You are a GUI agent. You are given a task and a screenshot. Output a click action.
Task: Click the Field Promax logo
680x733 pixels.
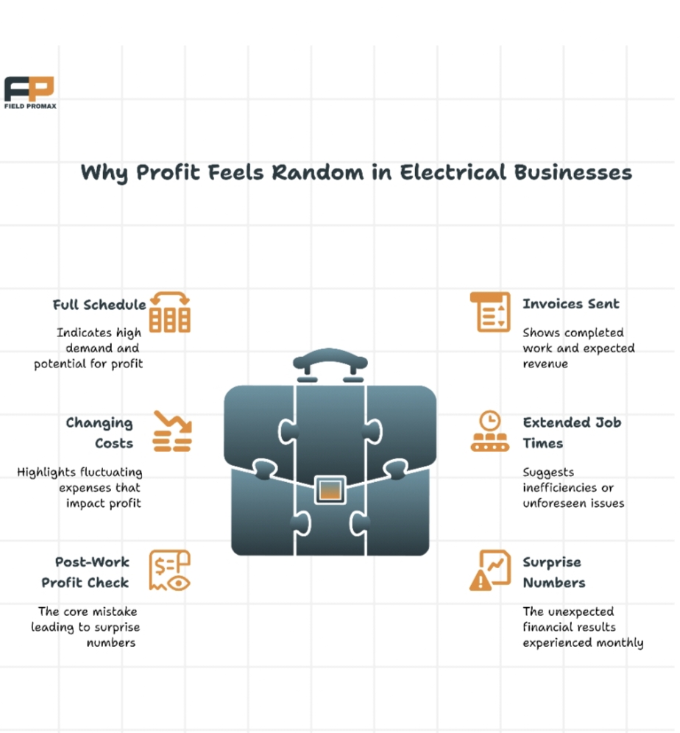pos(29,92)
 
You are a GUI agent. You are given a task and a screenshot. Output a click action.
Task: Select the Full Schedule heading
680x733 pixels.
pos(99,305)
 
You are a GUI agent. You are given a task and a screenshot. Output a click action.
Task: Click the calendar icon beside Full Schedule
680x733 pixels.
pos(170,313)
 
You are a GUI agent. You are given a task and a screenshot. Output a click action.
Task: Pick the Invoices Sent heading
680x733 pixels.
pos(570,304)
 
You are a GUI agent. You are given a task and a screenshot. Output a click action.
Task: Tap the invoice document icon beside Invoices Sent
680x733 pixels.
pos(489,312)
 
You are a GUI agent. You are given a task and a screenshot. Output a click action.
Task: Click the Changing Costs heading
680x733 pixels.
pos(99,433)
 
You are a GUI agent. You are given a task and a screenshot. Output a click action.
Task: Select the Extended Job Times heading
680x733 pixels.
pos(571,433)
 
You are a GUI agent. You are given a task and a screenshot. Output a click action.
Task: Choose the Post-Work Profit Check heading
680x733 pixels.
pos(85,573)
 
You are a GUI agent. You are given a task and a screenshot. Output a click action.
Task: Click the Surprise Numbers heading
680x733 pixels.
pos(553,573)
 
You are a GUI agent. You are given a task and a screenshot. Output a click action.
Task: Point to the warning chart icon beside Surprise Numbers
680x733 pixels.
pos(489,570)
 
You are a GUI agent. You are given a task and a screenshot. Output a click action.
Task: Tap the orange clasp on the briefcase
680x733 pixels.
pos(330,489)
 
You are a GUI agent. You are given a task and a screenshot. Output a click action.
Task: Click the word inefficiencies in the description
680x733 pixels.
pos(558,488)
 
